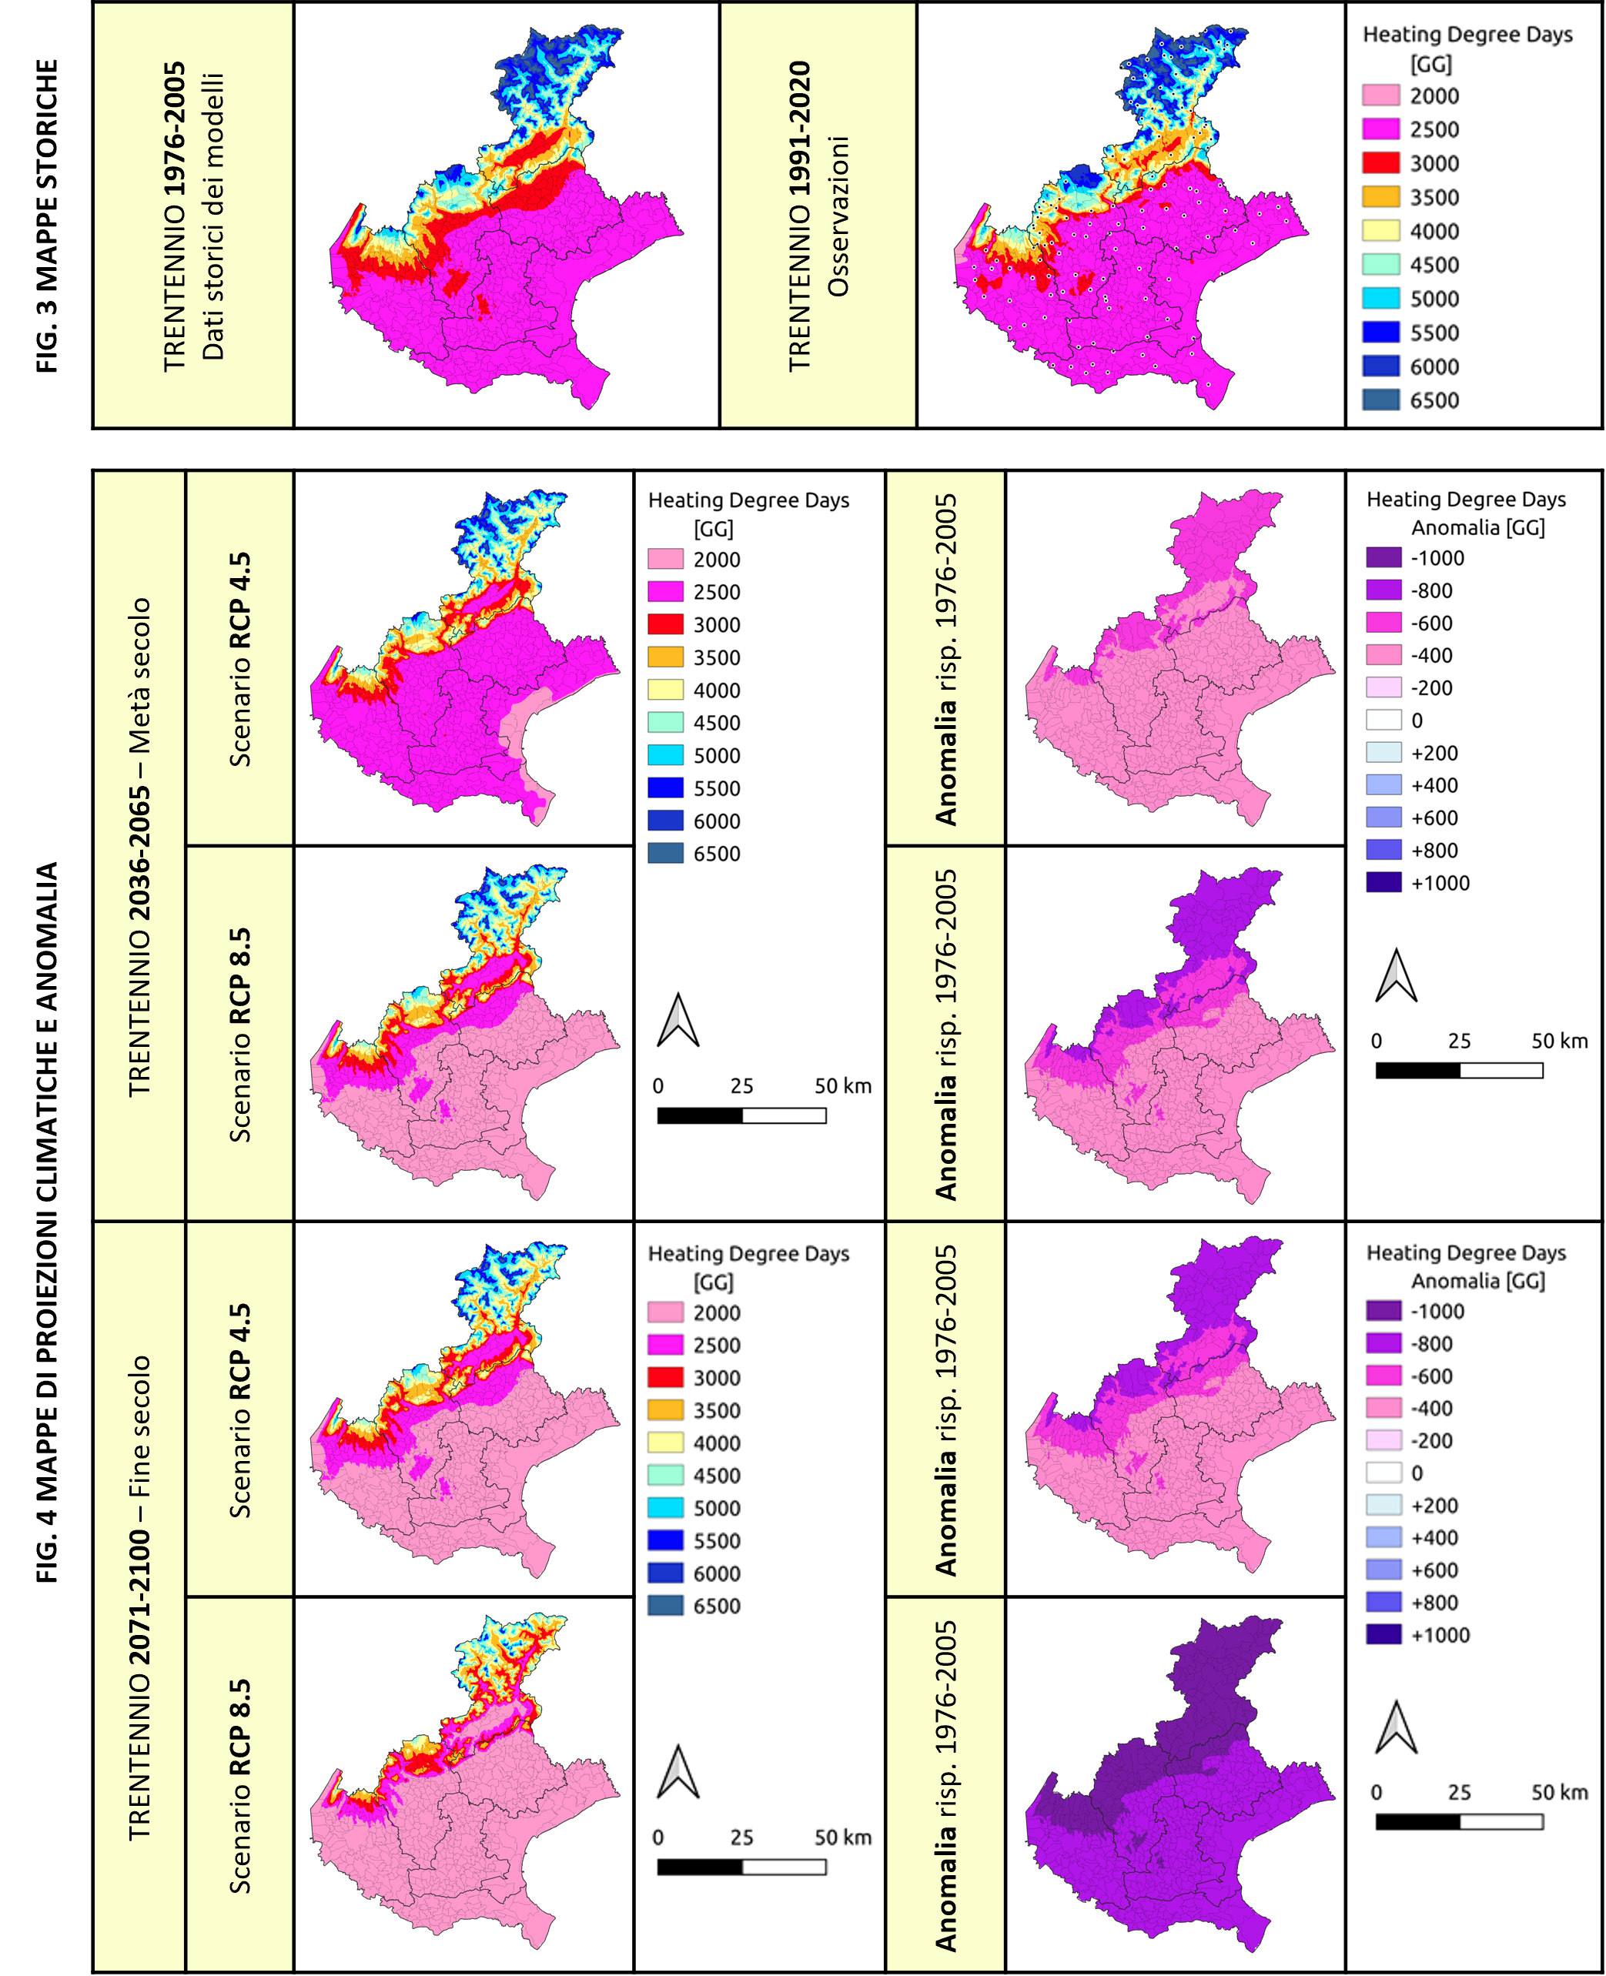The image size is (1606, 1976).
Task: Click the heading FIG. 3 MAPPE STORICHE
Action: [x=47, y=216]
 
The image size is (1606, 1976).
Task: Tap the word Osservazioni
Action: [x=837, y=216]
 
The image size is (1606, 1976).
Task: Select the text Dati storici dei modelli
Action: [x=212, y=216]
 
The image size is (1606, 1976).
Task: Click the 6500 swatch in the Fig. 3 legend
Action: [x=1380, y=400]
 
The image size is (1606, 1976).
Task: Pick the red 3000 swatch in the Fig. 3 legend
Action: [x=1380, y=163]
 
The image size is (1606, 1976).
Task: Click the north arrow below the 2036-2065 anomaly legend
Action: [x=1395, y=976]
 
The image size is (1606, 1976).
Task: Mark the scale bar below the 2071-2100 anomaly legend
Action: [x=1459, y=1821]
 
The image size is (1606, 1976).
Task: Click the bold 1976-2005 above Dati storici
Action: [x=174, y=129]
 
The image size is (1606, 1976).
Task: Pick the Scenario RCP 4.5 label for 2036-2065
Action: [x=239, y=660]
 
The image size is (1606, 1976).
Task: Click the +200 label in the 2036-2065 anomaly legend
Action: [x=1434, y=753]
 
